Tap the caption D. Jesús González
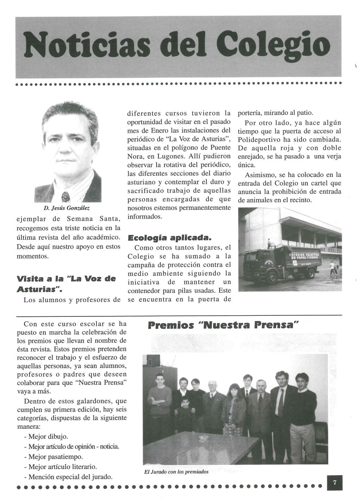click(67, 208)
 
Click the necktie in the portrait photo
click(66, 197)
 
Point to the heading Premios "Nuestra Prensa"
click(224, 325)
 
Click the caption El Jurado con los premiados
click(175, 472)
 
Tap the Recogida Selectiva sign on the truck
click(302, 256)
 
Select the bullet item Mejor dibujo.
click(46, 437)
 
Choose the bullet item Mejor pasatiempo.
click(53, 457)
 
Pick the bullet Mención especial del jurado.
click(68, 477)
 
